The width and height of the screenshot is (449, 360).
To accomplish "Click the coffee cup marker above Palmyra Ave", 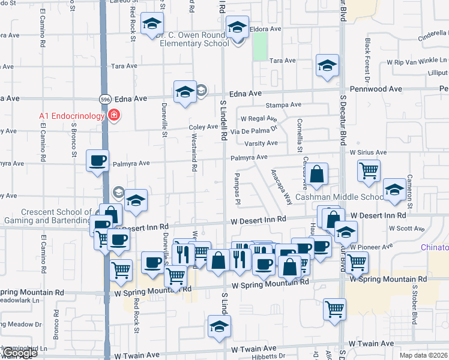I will (98, 161).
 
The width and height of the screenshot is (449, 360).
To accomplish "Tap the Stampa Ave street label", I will (283, 105).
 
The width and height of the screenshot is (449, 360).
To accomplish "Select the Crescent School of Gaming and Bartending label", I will (55, 216).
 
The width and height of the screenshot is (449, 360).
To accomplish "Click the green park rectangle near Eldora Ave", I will (260, 46).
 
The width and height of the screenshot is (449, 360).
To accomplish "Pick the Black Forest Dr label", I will (367, 60).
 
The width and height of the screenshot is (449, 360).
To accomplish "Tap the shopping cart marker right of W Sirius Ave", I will (369, 170).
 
